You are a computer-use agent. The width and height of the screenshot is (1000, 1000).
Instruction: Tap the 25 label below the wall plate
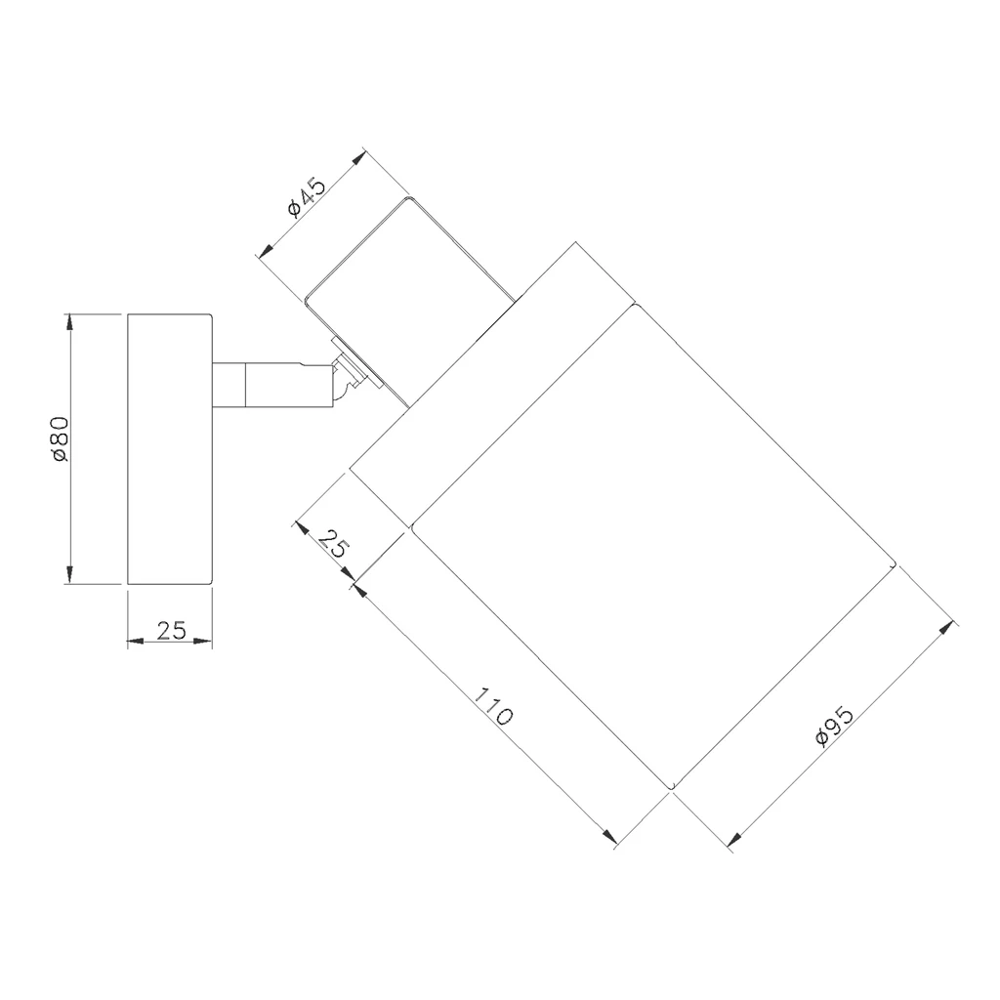coord(171,630)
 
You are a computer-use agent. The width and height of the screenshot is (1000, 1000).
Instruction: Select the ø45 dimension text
coord(307,197)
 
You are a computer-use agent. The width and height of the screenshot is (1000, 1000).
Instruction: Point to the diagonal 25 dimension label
coord(332,544)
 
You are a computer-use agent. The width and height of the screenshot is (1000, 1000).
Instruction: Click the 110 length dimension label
coord(493,707)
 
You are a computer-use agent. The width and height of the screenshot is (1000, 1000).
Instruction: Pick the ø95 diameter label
coord(834,726)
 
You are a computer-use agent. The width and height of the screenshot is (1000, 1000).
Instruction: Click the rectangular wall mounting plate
coord(170,448)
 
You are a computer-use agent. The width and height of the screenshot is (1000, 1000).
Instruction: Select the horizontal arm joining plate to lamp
coord(271,384)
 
